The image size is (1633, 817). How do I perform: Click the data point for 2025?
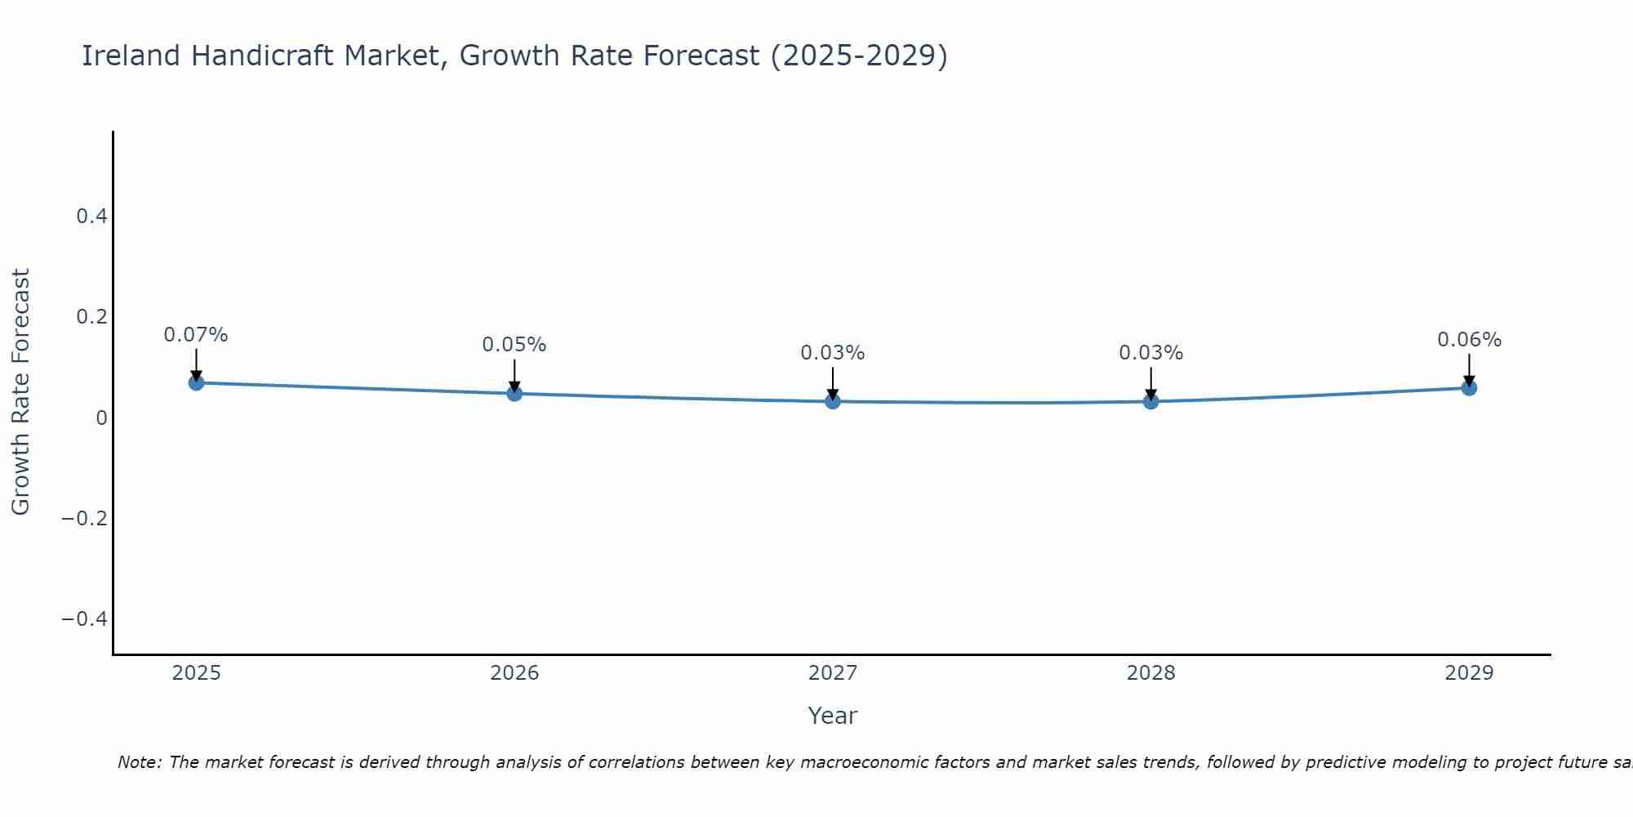[x=196, y=382]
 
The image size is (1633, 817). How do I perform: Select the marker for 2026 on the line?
[x=514, y=393]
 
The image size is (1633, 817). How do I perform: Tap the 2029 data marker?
[x=1469, y=387]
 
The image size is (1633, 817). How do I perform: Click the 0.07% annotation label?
[x=196, y=335]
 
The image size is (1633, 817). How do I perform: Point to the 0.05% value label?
[x=514, y=345]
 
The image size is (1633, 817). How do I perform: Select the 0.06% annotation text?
[x=1469, y=340]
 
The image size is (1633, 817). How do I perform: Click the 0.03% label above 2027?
[x=832, y=353]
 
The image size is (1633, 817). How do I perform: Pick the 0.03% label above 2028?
[x=1150, y=353]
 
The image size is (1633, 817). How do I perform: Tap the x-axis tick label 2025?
[x=197, y=673]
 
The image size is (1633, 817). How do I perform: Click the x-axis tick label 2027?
[x=832, y=673]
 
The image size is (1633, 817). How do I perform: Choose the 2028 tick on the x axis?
[x=1150, y=673]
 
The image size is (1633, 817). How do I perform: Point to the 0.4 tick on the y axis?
[x=91, y=217]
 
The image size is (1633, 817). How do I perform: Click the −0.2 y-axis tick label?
[x=84, y=518]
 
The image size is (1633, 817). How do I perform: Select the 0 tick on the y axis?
[x=101, y=417]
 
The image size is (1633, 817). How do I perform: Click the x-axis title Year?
[x=832, y=716]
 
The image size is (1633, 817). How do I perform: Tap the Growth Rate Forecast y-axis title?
[x=20, y=392]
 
